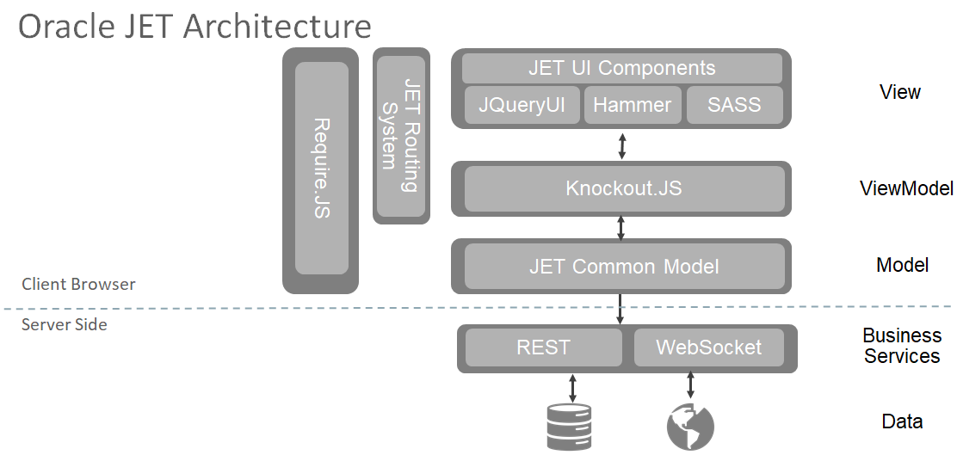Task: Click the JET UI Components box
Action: pos(622,68)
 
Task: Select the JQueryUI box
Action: pos(522,105)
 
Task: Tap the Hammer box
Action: pos(633,105)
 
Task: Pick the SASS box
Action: pos(734,105)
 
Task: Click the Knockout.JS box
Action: pos(624,188)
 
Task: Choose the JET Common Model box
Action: pos(624,267)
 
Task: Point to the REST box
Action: pos(543,347)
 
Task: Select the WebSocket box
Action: pos(708,347)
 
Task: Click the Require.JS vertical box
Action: pos(322,169)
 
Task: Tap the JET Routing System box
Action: pos(401,136)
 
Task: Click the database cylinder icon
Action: pos(568,427)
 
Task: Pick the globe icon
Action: pos(690,427)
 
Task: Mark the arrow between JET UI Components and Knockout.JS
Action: pos(622,146)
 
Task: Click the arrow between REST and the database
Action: pos(572,387)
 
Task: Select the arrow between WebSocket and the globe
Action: pos(690,384)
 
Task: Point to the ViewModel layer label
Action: pos(906,188)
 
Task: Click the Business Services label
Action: pos(901,345)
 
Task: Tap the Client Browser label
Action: pos(78,284)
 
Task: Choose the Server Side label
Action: pos(64,324)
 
